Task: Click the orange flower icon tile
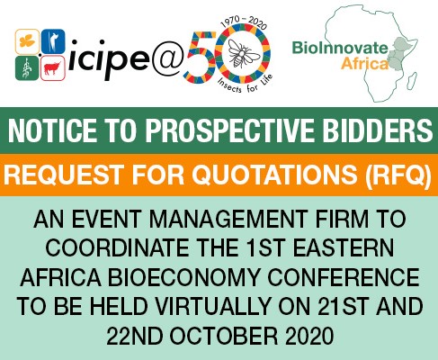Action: click(27, 41)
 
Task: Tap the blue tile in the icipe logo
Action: click(53, 41)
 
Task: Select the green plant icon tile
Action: click(27, 68)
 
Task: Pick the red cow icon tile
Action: click(53, 68)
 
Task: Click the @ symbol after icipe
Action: click(166, 59)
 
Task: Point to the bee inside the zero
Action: click(243, 53)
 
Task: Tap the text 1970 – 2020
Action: click(244, 22)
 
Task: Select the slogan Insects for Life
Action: click(246, 84)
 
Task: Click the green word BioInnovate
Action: click(340, 48)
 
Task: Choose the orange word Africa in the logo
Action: click(364, 64)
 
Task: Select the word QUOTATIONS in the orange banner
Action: click(274, 175)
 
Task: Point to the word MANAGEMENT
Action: click(228, 219)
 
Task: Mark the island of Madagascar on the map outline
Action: click(413, 79)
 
